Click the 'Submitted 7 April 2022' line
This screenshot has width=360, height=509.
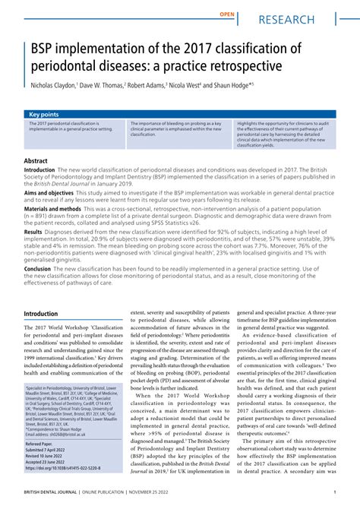click(52, 450)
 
